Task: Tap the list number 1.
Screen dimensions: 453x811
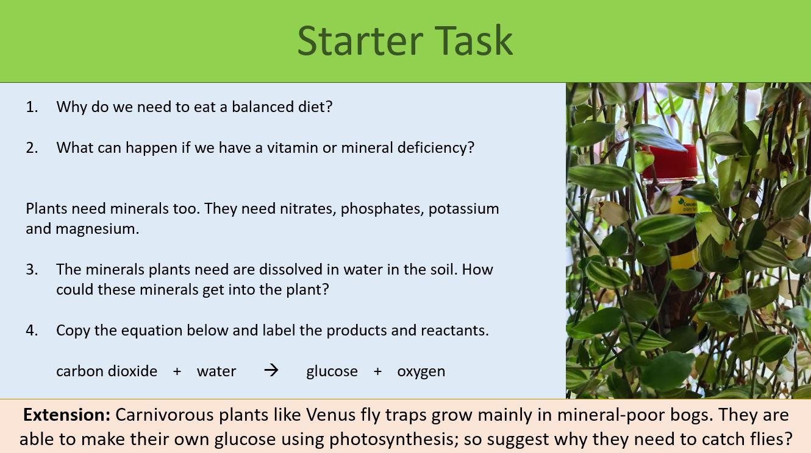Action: coord(32,107)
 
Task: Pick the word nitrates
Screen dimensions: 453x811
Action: coord(308,209)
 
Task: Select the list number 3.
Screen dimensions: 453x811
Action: coord(32,270)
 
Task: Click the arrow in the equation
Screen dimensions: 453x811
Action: coord(271,370)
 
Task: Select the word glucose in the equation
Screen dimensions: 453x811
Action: coord(332,371)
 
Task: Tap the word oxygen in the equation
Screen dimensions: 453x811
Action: coord(421,371)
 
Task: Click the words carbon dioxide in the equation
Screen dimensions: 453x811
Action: coord(107,371)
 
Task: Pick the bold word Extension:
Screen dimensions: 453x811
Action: coord(66,415)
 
